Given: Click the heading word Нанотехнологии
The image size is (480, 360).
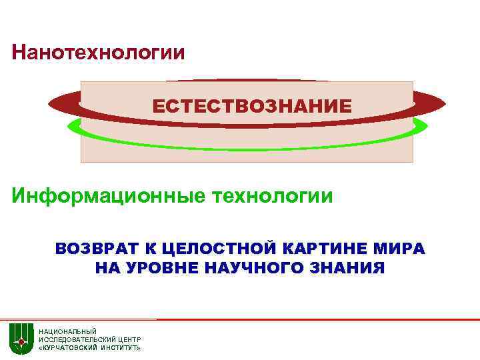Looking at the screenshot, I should tap(99, 52).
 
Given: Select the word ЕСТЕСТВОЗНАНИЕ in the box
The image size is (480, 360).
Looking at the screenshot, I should tap(252, 106).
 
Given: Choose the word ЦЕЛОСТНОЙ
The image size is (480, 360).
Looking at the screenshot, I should tap(211, 249).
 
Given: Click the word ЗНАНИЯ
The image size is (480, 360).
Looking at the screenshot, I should tap(348, 268).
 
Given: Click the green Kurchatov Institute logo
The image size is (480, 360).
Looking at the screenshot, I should tap(21, 339).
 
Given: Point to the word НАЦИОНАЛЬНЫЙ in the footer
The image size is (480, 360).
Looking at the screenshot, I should tap(67, 331).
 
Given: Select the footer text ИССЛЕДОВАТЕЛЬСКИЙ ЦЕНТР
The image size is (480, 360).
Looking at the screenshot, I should tap(89, 339).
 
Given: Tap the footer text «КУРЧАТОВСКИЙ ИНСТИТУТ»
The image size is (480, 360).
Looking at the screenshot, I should tap(89, 348).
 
